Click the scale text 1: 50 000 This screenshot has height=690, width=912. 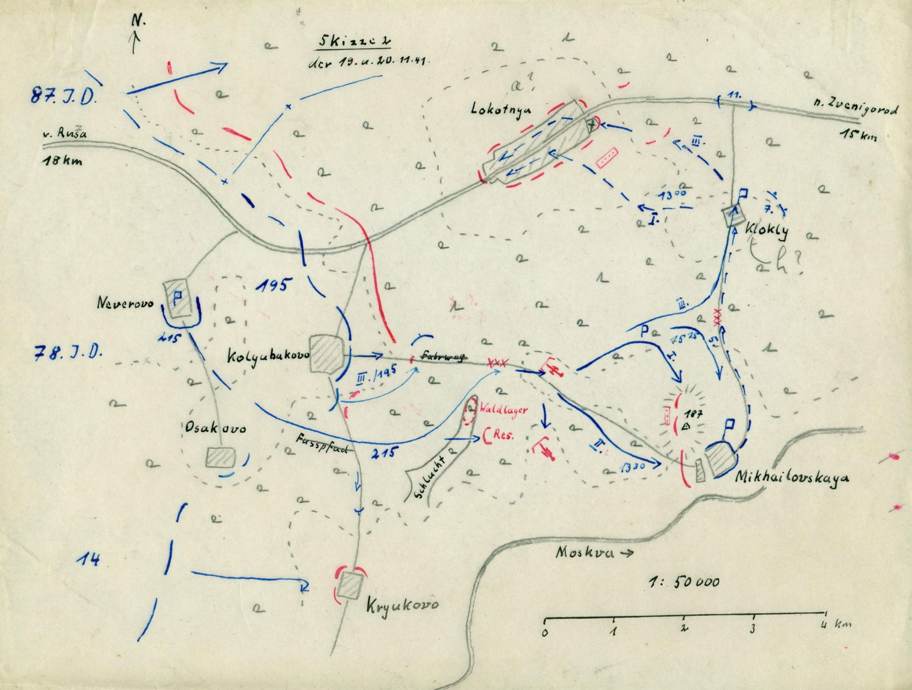coord(683,582)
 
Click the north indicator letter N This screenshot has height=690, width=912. coord(139,21)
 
